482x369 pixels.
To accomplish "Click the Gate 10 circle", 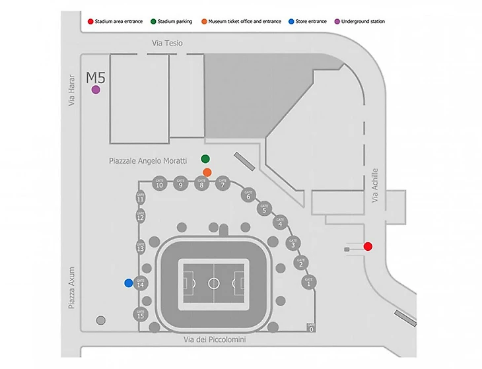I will (x=159, y=184).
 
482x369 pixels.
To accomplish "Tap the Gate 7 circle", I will (x=223, y=184).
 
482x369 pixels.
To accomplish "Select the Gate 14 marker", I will (x=140, y=283).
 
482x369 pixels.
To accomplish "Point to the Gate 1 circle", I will (x=308, y=283).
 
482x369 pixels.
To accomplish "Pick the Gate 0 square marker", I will (x=311, y=327).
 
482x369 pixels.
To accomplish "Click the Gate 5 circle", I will (x=264, y=209).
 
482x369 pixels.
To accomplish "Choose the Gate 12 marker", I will (x=140, y=216).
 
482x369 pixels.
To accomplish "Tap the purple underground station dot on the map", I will (x=96, y=90).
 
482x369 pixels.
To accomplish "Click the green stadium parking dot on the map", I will (x=205, y=158).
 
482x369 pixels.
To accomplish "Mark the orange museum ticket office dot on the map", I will (x=207, y=172).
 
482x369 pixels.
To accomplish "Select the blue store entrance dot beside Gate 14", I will (x=128, y=283).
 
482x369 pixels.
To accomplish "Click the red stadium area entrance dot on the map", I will (x=368, y=246).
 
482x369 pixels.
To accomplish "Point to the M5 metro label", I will (x=96, y=78).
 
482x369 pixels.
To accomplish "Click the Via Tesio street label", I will (x=167, y=43).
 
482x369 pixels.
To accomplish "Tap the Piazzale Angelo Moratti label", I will (x=149, y=160).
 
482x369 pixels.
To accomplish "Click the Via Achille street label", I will (x=376, y=185).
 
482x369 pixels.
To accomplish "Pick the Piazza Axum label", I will (x=73, y=288).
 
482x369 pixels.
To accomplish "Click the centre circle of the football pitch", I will (x=214, y=283).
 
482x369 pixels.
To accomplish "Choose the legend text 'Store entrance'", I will (x=312, y=22).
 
